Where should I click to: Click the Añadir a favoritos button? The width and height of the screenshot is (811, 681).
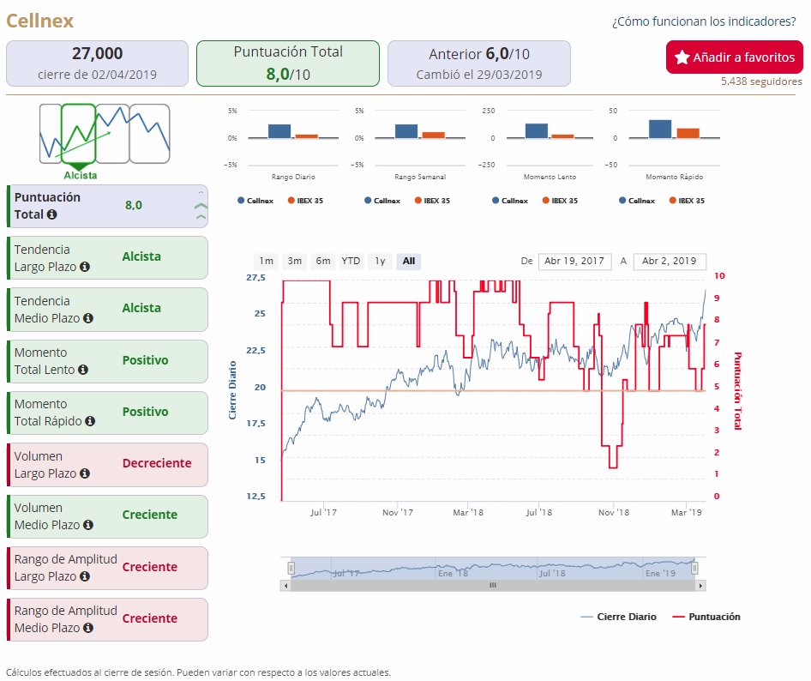tap(735, 57)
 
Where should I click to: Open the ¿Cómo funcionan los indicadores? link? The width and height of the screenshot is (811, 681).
tap(707, 21)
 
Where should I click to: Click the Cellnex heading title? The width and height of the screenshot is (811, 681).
tap(40, 21)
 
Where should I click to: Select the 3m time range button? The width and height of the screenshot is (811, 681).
tap(295, 261)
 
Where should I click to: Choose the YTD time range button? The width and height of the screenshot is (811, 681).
tap(351, 261)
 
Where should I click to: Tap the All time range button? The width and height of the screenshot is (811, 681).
tap(409, 261)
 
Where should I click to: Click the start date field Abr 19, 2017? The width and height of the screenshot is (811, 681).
tap(574, 262)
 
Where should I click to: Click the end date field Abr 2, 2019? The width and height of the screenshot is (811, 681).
tap(670, 262)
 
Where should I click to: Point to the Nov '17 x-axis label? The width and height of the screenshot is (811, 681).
tap(398, 512)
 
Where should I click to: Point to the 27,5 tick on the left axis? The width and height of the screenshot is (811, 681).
tap(255, 278)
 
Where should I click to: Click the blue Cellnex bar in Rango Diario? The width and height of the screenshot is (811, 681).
tap(279, 131)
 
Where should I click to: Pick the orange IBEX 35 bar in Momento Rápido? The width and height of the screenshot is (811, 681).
tap(688, 133)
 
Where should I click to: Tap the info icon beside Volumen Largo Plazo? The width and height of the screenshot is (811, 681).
tap(85, 473)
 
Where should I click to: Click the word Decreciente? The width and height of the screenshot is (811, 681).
tap(157, 463)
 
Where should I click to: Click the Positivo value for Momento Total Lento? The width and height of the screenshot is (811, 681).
tap(145, 360)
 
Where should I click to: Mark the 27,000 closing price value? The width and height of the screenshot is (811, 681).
tap(97, 53)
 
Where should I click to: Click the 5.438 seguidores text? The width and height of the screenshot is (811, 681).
tap(761, 81)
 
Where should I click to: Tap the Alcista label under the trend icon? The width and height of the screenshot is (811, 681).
tap(79, 175)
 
